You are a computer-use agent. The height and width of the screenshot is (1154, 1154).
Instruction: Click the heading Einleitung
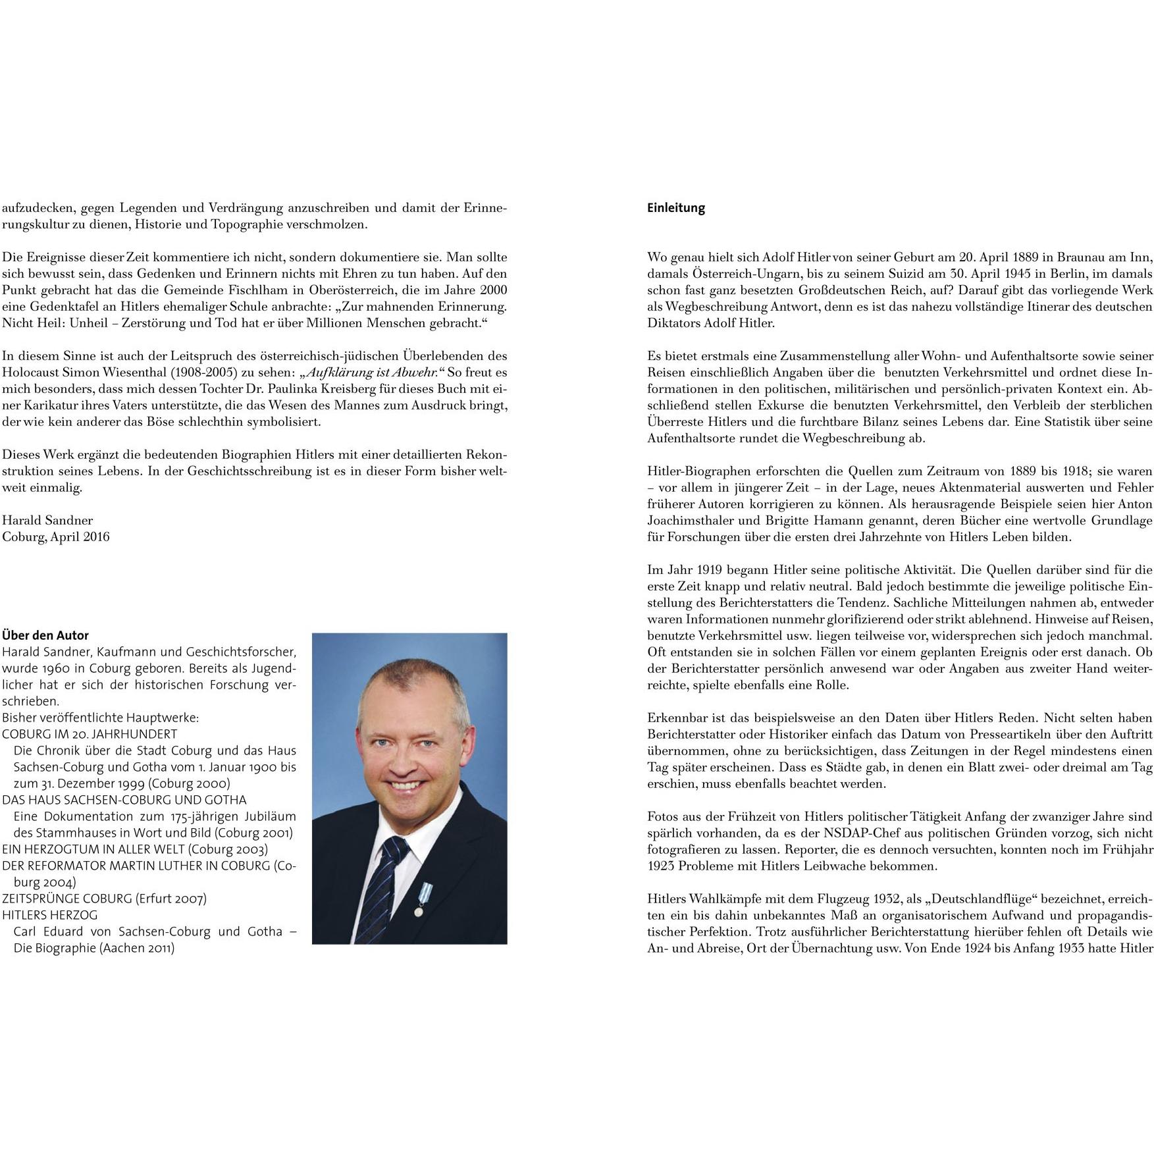pyautogui.click(x=675, y=208)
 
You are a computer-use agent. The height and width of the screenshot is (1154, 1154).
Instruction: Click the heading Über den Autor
pyautogui.click(x=45, y=635)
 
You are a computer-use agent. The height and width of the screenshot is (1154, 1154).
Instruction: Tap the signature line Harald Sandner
pyautogui.click(x=47, y=520)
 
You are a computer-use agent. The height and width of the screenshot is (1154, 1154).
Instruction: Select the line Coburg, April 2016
pyautogui.click(x=56, y=537)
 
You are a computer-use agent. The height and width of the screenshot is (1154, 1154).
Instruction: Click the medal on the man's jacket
pyautogui.click(x=418, y=905)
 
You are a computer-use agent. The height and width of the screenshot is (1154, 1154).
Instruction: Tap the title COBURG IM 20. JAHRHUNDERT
pyautogui.click(x=90, y=734)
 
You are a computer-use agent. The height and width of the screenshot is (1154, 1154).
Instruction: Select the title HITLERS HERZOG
pyautogui.click(x=50, y=915)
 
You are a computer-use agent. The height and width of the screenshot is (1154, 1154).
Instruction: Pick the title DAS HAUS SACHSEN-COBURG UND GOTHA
pyautogui.click(x=124, y=800)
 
